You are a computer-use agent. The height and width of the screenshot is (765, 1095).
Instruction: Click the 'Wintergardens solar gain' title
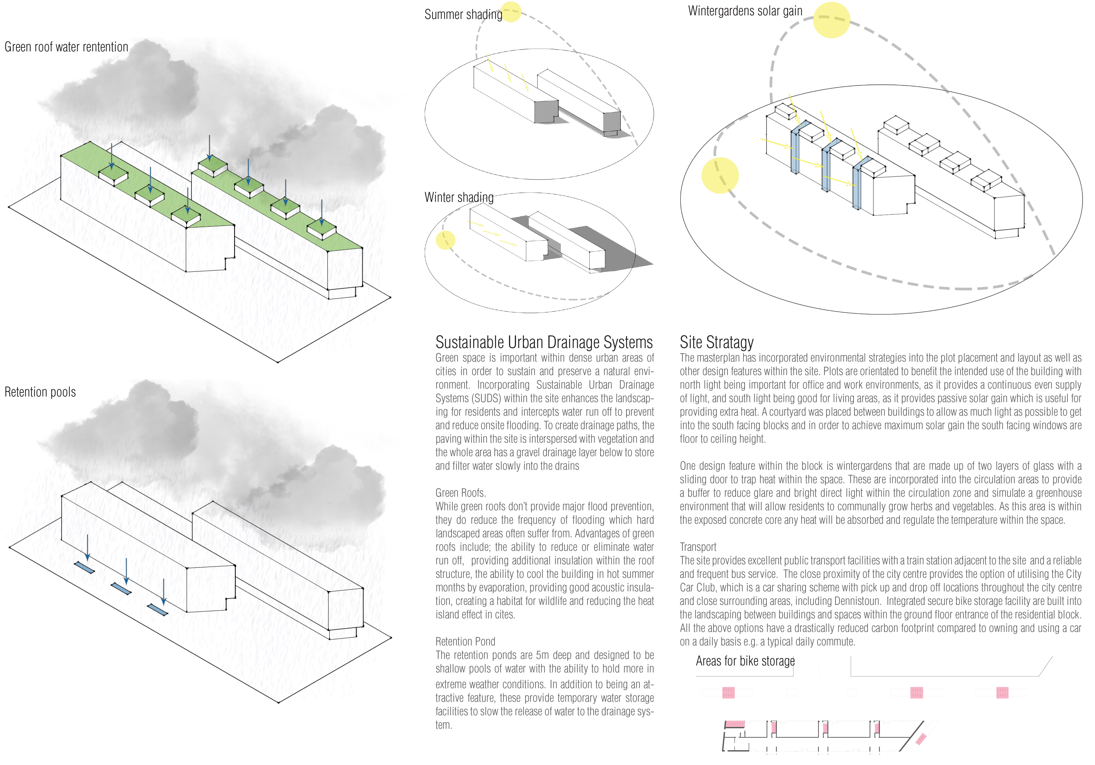pos(745,11)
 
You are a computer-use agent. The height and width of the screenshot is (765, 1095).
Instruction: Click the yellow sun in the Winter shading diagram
pos(446,240)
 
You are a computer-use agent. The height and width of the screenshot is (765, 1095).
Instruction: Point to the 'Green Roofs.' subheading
pos(460,493)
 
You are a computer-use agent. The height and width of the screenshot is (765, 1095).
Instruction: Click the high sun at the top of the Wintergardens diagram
pos(831,20)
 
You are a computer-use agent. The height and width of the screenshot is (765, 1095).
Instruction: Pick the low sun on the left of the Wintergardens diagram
pos(720,175)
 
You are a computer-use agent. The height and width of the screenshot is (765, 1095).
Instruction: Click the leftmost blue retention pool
pos(84,567)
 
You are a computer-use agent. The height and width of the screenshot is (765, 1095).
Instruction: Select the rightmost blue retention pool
pos(157,610)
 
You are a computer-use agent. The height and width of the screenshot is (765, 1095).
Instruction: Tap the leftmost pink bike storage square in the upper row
pos(728,692)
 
